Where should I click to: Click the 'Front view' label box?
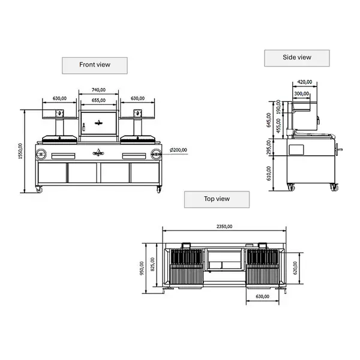pos(95,64)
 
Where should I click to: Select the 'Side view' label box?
pos(297,58)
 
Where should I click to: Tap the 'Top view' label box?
pos(217,199)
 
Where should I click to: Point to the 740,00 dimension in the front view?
pos(99,89)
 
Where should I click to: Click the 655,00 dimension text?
pos(99,100)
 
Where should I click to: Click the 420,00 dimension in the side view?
pos(305,83)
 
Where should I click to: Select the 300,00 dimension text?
pos(302,93)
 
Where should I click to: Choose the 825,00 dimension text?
pos(152,265)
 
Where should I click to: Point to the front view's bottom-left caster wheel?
pos(40,190)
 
